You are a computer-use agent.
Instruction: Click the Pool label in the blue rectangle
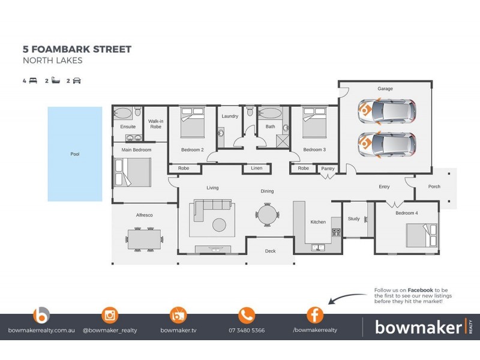coord(75,154)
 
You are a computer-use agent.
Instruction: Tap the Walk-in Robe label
coord(156,124)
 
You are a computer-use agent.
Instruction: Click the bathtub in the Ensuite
coord(125,113)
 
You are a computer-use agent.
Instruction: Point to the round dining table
coord(267,213)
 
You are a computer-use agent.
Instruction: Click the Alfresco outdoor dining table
coord(145,240)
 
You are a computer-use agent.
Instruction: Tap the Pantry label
coord(327,169)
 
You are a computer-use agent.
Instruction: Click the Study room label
coord(354,219)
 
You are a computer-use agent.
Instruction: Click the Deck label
coord(271,251)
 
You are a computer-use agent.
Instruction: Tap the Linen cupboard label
coord(257,169)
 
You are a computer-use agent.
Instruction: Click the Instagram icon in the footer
coord(110,314)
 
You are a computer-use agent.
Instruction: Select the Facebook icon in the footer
coord(314,314)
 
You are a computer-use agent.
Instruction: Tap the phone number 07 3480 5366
coord(247,331)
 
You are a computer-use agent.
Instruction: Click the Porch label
coord(434,187)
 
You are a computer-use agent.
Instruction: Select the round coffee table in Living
coord(220,224)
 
